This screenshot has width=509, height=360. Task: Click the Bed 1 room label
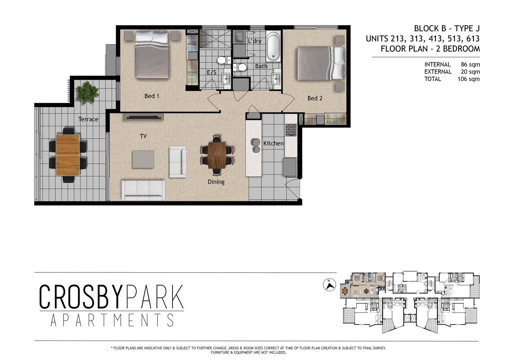point(152,96)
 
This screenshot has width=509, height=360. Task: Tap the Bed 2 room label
point(315,98)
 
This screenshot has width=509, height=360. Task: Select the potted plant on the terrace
point(87,92)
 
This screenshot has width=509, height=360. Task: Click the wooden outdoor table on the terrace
point(68,155)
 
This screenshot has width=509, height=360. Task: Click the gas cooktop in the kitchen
point(291,130)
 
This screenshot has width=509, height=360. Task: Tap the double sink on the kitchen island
point(255,146)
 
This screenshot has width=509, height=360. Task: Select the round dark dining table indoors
point(217,155)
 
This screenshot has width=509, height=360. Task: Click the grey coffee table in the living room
point(143,159)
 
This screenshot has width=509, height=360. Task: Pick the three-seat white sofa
point(143,190)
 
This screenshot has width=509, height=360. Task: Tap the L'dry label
point(254,41)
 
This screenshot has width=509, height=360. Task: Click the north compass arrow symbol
point(329,285)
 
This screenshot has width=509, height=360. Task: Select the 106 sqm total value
point(468,79)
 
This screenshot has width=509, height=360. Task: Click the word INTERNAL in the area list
point(437,64)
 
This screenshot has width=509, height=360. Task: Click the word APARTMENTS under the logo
point(112,320)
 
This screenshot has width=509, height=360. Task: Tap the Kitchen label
point(273,143)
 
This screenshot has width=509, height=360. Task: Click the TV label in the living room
point(143,136)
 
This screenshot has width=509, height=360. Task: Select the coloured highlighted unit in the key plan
point(363,286)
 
